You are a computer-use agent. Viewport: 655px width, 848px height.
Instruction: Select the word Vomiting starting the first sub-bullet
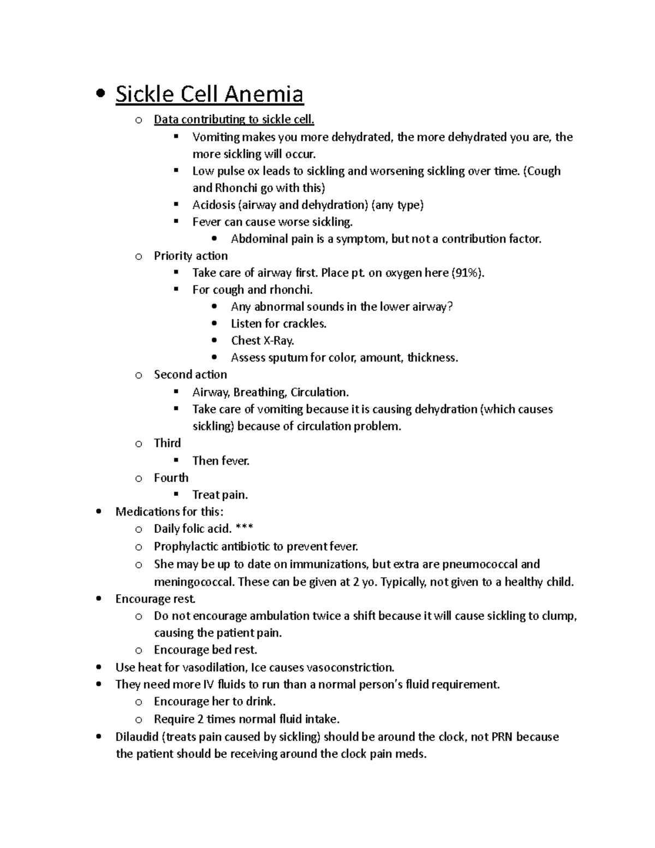pyautogui.click(x=216, y=137)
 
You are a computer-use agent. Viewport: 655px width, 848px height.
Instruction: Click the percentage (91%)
pyautogui.click(x=468, y=272)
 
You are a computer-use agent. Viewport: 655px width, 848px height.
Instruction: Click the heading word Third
pyautogui.click(x=167, y=443)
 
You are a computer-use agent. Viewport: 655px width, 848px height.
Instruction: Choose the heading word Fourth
pyautogui.click(x=171, y=478)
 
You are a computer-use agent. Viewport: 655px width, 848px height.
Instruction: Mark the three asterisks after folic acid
pyautogui.click(x=244, y=529)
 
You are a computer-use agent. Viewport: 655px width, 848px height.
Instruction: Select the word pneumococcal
pyautogui.click(x=479, y=564)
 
